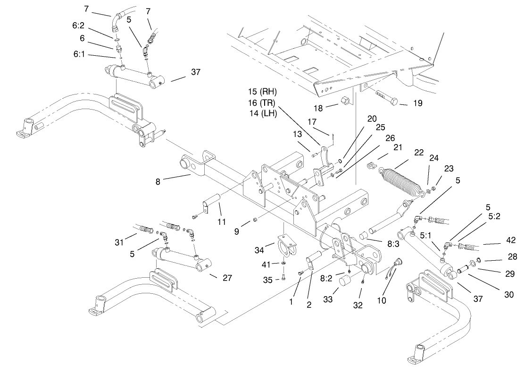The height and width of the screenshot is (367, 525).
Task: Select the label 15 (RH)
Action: (x=263, y=91)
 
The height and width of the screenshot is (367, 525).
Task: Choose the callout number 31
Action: (x=119, y=242)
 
